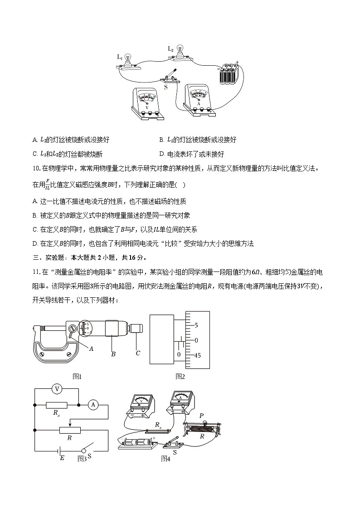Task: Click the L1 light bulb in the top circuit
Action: (127, 59)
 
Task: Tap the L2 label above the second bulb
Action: (171, 49)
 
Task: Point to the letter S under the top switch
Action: (165, 86)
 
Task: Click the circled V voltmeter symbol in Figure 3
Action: (57, 389)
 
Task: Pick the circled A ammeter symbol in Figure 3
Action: (92, 405)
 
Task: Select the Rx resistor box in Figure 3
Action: (57, 405)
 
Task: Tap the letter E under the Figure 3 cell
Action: (62, 458)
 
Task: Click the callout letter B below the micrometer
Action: (113, 354)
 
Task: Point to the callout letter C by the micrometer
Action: (138, 353)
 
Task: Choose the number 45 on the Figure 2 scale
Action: (197, 355)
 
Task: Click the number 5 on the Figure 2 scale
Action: (196, 325)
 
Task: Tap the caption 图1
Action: (77, 376)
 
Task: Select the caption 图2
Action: (180, 376)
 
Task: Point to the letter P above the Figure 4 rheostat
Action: (201, 415)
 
